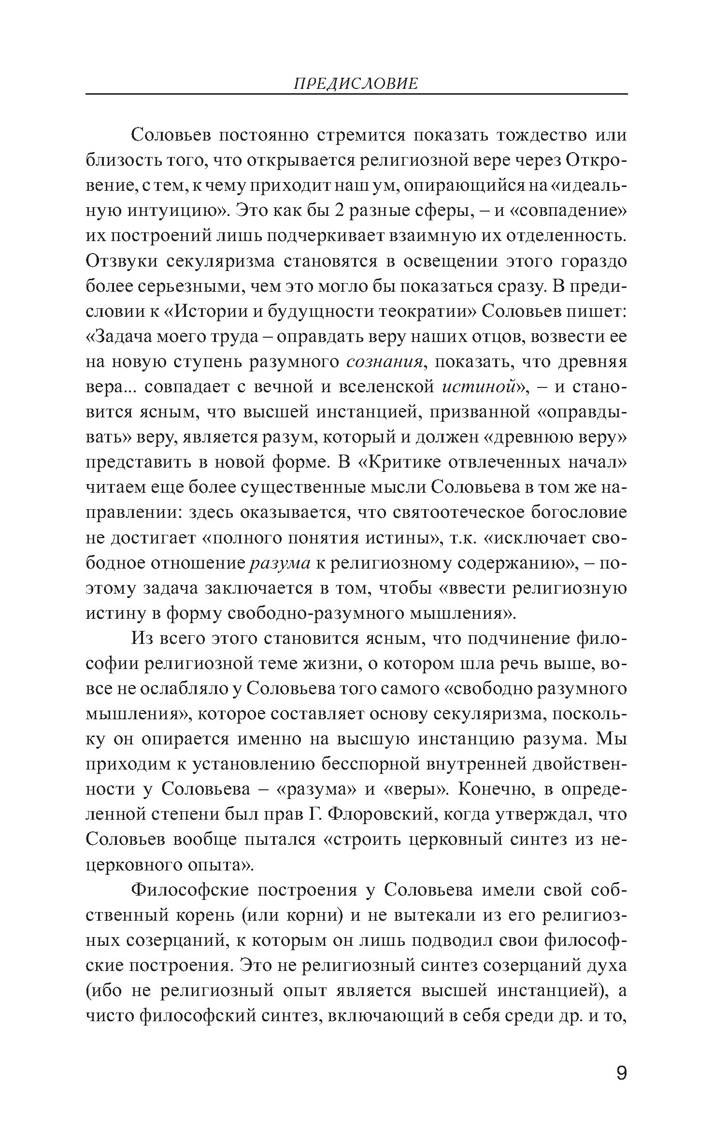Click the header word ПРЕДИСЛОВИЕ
[356, 84]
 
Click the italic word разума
[279, 564]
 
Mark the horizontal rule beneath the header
[356, 94]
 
